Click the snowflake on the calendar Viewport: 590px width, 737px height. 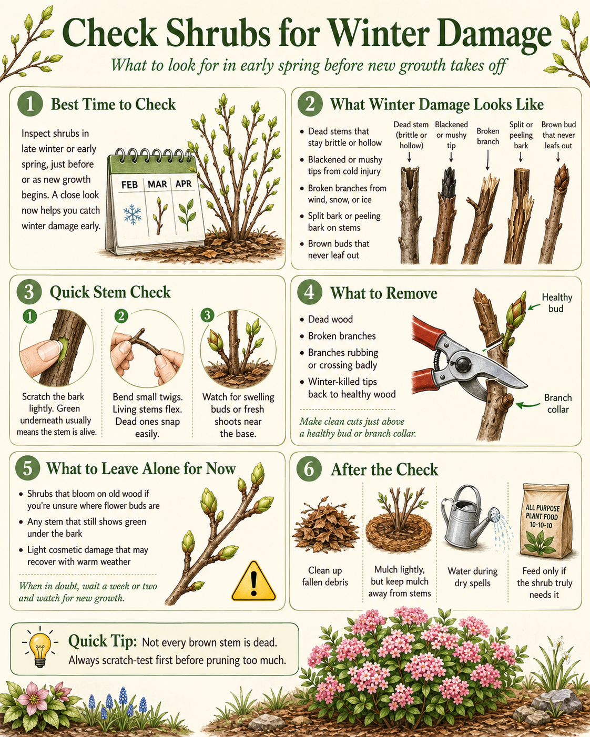[x=133, y=214]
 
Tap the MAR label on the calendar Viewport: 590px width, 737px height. [x=157, y=184]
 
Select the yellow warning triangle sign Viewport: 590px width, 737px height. [x=253, y=581]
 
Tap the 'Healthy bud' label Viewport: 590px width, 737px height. [x=556, y=303]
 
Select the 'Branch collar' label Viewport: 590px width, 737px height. [x=558, y=403]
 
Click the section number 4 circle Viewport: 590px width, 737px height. [x=309, y=292]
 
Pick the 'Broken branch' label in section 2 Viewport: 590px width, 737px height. [x=488, y=136]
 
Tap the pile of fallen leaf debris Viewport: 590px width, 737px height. [x=325, y=525]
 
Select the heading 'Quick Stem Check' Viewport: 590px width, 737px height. [x=110, y=292]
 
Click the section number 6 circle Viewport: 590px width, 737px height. [x=309, y=469]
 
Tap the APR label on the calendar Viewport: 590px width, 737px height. [x=184, y=184]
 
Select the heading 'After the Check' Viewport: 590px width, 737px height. [x=384, y=469]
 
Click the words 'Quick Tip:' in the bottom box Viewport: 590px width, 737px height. [x=103, y=641]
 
